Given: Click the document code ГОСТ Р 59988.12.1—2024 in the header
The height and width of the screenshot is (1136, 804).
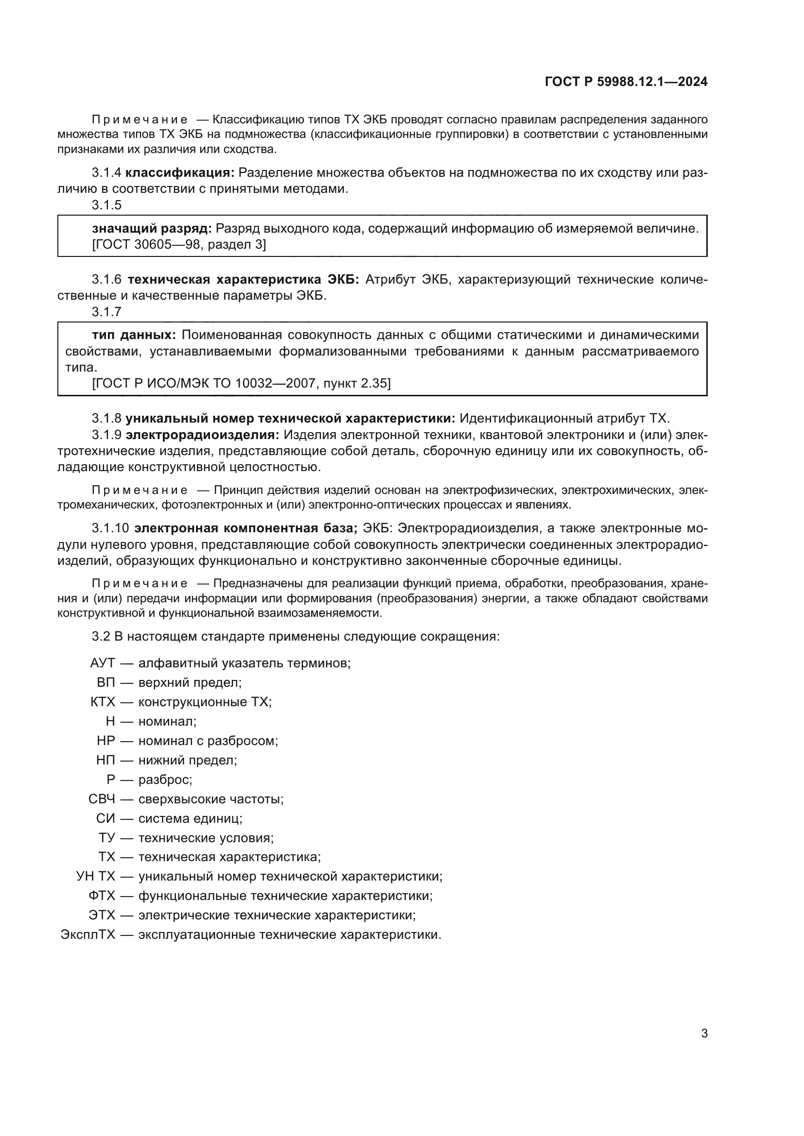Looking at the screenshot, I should pyautogui.click(x=626, y=82).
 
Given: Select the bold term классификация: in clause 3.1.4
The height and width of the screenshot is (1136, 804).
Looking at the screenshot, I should pyautogui.click(x=180, y=173).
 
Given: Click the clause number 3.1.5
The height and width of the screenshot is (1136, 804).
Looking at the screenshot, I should pyautogui.click(x=106, y=205).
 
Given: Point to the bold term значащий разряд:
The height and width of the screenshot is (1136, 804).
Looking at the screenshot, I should pyautogui.click(x=152, y=229).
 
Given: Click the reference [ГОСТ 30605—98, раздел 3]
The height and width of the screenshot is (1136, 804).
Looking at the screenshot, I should pyautogui.click(x=179, y=244).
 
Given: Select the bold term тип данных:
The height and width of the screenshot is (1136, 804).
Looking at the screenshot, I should pyautogui.click(x=134, y=335).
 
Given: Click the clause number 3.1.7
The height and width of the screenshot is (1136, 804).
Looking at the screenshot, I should pyautogui.click(x=106, y=312).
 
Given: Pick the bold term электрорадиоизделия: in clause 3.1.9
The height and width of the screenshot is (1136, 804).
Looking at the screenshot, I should pyautogui.click(x=203, y=435).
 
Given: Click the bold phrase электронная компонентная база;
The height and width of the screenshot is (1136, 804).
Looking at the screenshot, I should pyautogui.click(x=245, y=528).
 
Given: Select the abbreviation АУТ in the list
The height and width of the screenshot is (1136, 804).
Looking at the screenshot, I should pyautogui.click(x=103, y=663).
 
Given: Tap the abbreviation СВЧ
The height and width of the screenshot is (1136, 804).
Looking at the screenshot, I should pyautogui.click(x=102, y=799).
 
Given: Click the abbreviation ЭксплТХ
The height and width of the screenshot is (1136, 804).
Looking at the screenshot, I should pyautogui.click(x=87, y=934).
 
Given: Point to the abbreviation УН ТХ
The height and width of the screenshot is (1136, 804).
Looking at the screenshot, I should pyautogui.click(x=96, y=876).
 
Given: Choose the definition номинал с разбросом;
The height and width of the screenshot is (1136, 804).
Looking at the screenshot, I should pyautogui.click(x=208, y=741).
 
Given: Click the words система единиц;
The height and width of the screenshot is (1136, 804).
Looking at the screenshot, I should pyautogui.click(x=190, y=818).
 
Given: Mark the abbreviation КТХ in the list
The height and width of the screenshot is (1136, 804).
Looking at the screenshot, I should pyautogui.click(x=103, y=702).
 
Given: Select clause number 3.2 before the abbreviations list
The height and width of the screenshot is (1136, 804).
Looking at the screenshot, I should pyautogui.click(x=101, y=636).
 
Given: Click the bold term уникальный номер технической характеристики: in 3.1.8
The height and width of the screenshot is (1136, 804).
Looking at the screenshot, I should pyautogui.click(x=290, y=419).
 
